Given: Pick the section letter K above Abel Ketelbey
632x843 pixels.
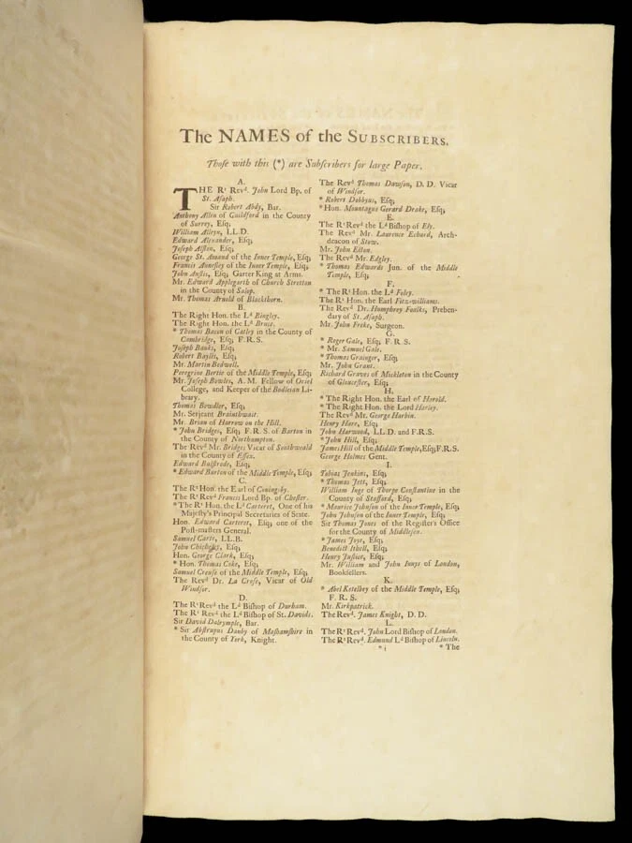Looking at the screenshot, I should point(388,581).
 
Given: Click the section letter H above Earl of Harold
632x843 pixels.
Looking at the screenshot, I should point(389,390).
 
